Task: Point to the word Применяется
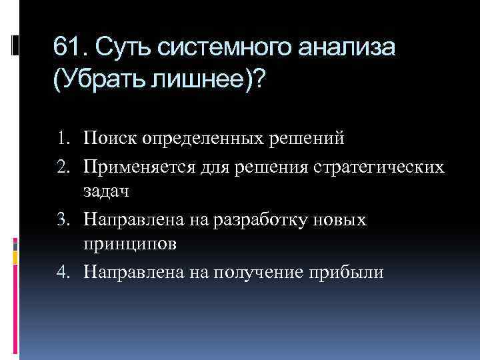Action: click(139, 165)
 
